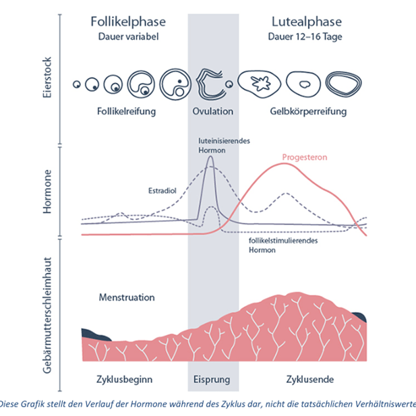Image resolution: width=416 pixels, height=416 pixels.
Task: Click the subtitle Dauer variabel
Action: [128, 36]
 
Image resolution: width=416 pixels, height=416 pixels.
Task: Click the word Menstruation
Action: [127, 297]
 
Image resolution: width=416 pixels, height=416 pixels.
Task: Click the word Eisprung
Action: [212, 379]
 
